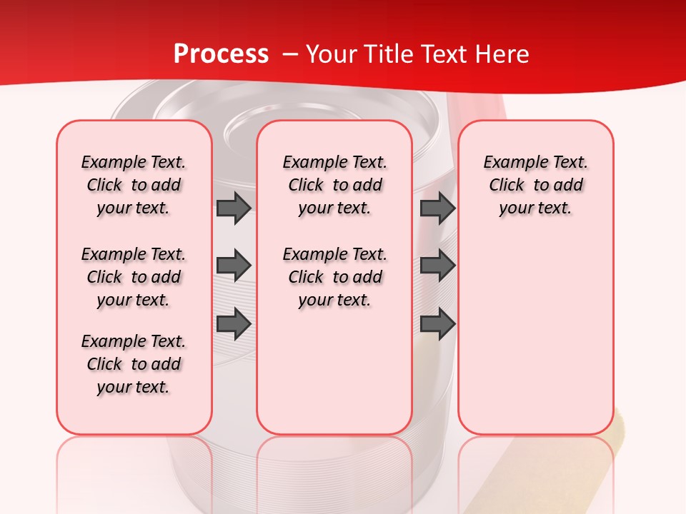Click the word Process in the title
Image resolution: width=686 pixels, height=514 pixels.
coord(221,54)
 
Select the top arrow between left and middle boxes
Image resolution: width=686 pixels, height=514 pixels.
coord(234,208)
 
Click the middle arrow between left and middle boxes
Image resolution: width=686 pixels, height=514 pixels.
coord(234,266)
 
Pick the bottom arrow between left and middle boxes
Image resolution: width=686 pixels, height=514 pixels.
coord(234,324)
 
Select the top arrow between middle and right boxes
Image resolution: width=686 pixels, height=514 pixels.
coord(437,208)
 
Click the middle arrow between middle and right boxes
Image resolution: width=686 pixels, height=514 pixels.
coord(437,266)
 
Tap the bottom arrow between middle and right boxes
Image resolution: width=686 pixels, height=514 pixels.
coord(437,324)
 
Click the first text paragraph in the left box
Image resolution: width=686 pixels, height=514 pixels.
coord(134,185)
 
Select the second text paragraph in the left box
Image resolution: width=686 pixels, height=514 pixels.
coord(134,277)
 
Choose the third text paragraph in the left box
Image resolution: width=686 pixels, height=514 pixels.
coord(134,364)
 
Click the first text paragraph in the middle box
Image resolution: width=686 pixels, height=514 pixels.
coord(334,185)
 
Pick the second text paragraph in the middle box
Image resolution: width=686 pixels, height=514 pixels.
coord(334,277)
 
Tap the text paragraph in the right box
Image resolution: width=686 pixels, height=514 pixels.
coord(535,185)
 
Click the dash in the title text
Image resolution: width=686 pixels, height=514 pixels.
coord(289,55)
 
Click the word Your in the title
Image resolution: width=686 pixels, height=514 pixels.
coord(330,54)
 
